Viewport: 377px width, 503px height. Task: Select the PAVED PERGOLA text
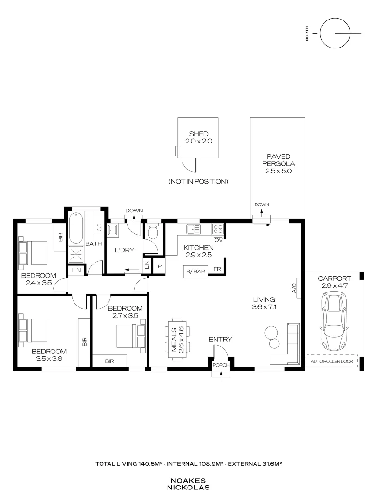(x=278, y=163)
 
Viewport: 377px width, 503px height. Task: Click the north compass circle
(x=334, y=33)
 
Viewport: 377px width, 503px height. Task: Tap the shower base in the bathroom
(x=77, y=254)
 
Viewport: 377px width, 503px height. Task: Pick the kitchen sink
(x=193, y=229)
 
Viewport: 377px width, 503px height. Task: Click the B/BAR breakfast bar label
(x=195, y=271)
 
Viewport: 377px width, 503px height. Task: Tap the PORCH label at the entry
(x=221, y=365)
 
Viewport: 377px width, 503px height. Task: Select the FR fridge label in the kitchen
(x=217, y=269)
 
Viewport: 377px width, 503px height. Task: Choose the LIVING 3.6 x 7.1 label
(x=263, y=303)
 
